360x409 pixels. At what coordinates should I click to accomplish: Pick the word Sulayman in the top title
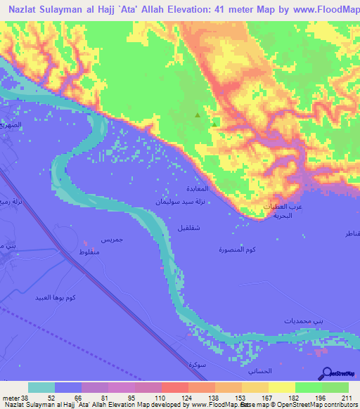pos(66,11)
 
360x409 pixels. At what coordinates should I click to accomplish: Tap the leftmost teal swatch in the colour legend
pos(41,387)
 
